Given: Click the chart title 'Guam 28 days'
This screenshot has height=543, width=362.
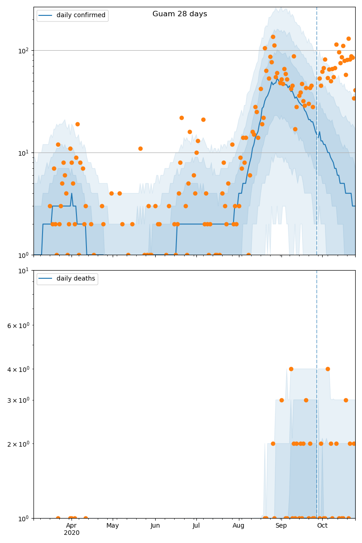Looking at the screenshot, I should point(180,14).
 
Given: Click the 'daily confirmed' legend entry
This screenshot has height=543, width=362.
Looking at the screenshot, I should point(81,15).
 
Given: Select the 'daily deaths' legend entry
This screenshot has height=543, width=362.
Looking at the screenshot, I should point(76,279).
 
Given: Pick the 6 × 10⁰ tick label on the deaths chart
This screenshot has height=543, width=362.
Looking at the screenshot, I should point(18,325).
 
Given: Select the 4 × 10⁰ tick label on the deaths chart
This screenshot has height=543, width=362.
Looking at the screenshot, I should point(18,369).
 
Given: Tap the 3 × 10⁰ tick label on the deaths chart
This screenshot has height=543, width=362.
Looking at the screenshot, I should point(18,400).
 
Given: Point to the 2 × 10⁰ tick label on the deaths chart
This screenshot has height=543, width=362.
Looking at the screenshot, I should point(18,444).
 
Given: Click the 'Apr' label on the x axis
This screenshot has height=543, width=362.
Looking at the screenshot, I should point(71,525).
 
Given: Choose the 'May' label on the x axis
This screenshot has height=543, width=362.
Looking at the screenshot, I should point(113,525).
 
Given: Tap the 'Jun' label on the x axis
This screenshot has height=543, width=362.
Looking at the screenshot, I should point(155,525).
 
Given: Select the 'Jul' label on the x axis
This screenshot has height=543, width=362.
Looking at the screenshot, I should point(196,525).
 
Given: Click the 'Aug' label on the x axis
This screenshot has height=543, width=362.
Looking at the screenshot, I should point(238,525).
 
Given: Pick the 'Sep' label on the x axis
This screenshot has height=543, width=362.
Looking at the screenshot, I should point(281,525).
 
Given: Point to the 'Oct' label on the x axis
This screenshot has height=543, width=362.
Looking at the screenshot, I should point(322,525).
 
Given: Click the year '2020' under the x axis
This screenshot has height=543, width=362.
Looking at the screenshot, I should point(71,533).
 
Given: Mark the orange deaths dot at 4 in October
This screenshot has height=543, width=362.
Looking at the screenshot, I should point(328,369).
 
